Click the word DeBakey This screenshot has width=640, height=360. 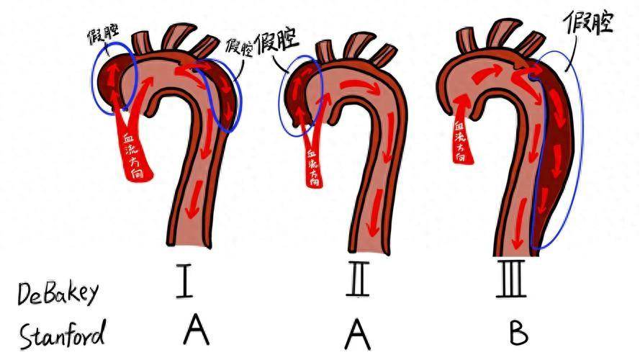click(x=59, y=293)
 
